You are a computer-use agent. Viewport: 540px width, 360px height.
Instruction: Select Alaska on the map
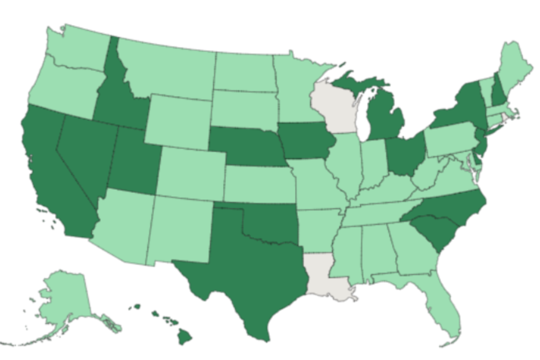[x=63, y=300]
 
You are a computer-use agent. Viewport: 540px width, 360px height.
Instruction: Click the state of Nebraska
[x=248, y=148]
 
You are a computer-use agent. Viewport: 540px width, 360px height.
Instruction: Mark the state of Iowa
[x=306, y=142]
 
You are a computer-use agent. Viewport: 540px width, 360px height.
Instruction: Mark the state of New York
[x=464, y=105]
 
